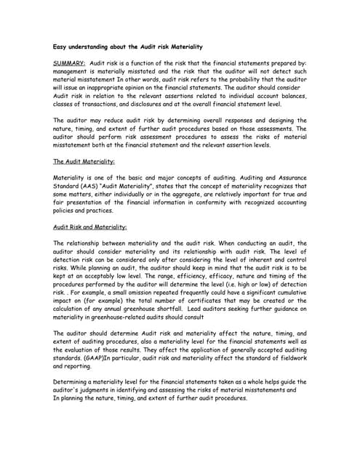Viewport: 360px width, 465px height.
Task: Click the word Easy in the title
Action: coord(62,46)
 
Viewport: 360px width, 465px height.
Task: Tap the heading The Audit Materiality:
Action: coord(84,161)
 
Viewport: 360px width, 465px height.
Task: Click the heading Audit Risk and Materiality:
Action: coord(90,227)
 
